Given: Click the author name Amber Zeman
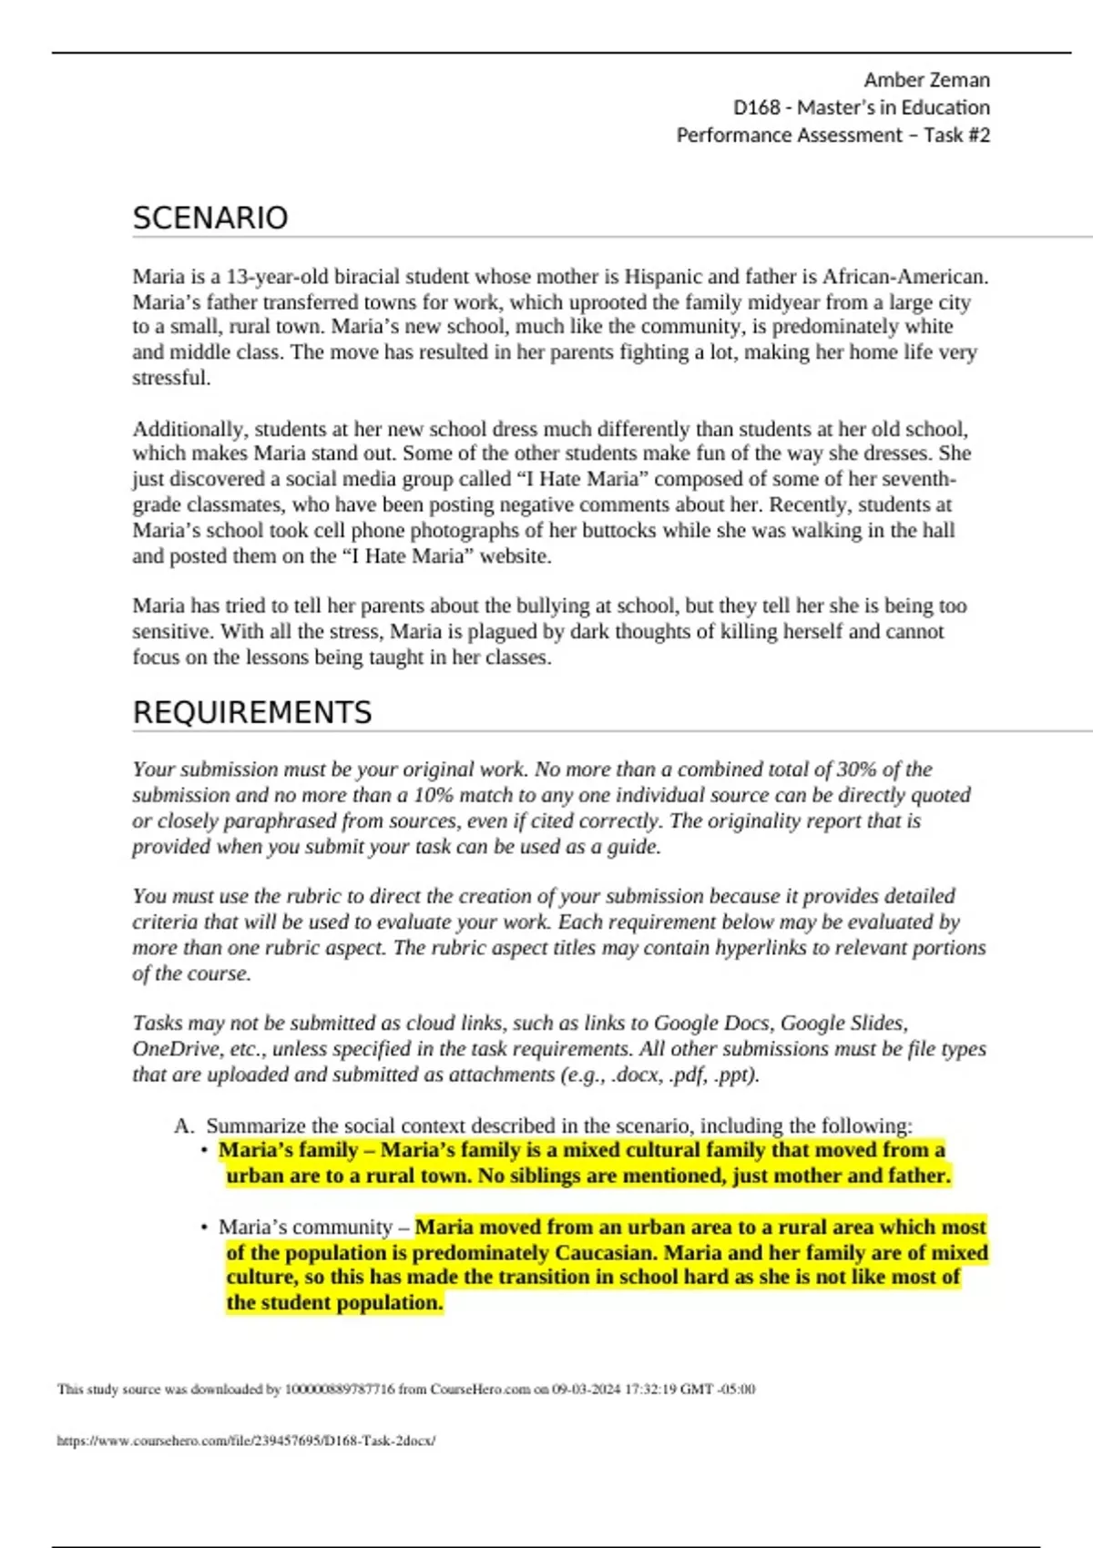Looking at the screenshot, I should pos(926,80).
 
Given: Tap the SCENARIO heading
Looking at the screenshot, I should pos(210,219).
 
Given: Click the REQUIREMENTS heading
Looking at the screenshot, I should pos(252,712).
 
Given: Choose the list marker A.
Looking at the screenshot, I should pos(184,1125).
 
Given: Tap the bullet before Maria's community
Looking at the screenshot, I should pos(204,1227).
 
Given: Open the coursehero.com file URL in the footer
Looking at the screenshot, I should pos(246,1441).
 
